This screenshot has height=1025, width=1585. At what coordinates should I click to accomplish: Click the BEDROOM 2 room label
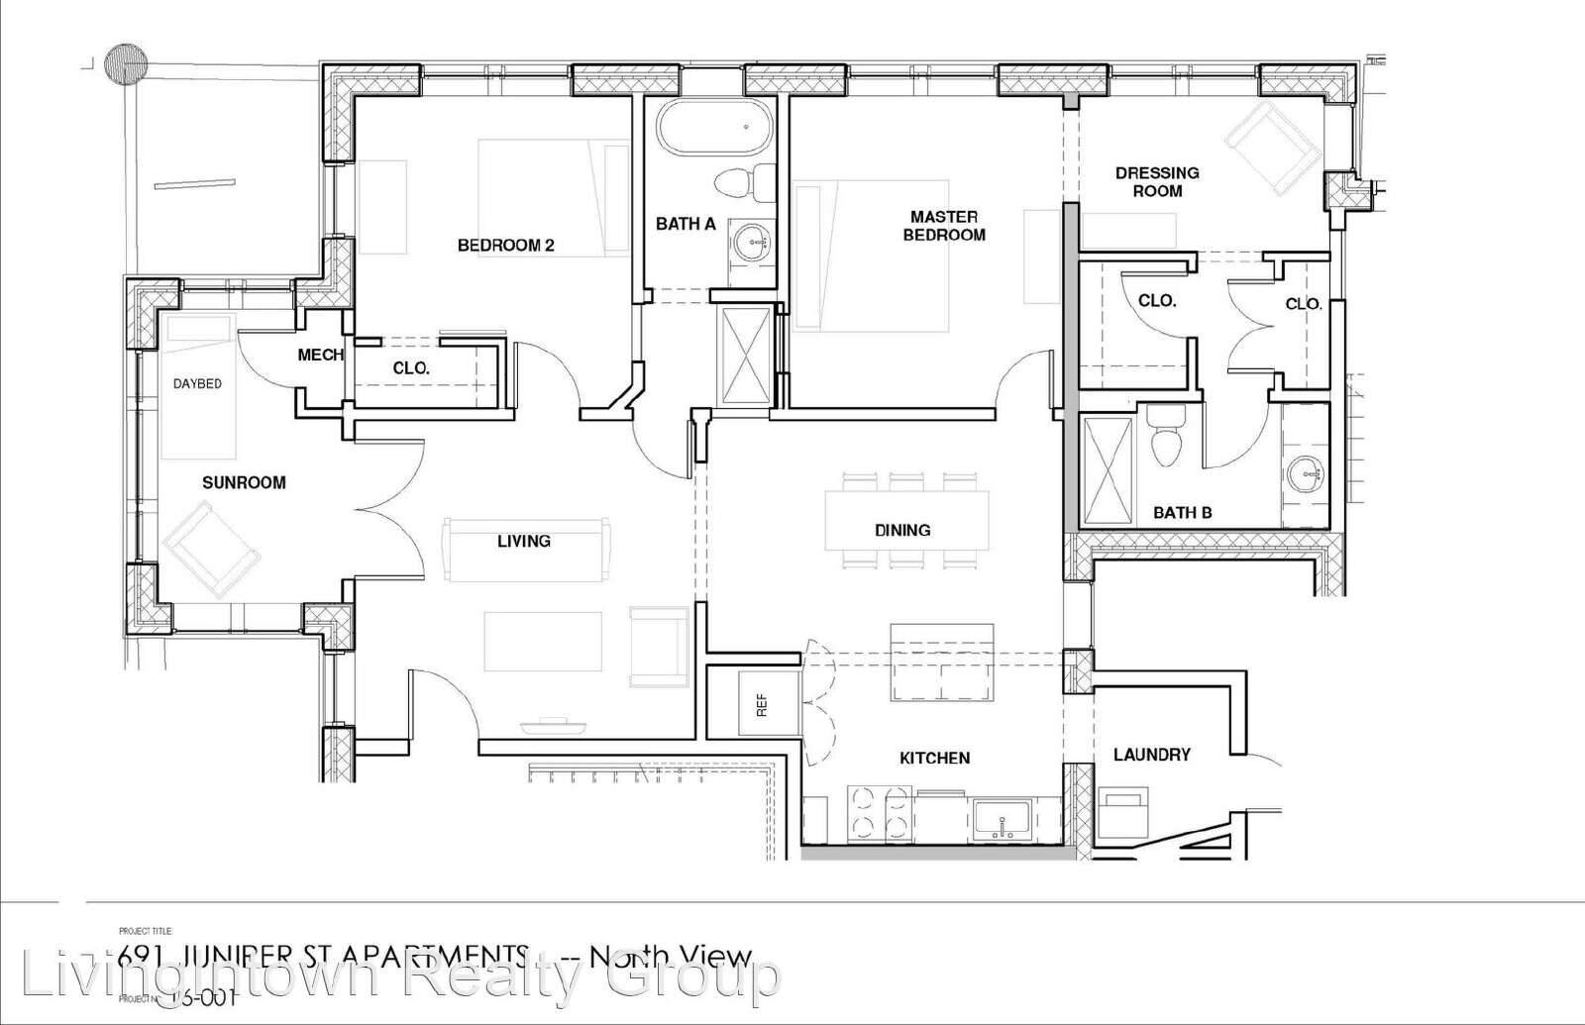point(505,246)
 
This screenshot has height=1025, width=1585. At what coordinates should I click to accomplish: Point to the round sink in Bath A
point(754,241)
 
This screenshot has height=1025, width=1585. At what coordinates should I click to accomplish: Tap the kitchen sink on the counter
point(1004,820)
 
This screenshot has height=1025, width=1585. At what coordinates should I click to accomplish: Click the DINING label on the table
point(902,530)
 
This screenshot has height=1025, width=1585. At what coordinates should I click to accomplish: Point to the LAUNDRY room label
point(1151,755)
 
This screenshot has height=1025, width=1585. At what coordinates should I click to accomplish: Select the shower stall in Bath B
point(1107,470)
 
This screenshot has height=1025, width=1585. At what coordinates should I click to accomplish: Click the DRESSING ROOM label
point(1157,181)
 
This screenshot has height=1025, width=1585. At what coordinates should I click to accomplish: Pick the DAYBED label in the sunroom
point(197,383)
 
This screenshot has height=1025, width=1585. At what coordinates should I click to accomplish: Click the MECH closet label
point(320,355)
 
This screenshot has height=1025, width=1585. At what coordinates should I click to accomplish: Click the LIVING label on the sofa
point(523,541)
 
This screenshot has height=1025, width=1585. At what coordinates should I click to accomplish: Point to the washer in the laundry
point(1125,813)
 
